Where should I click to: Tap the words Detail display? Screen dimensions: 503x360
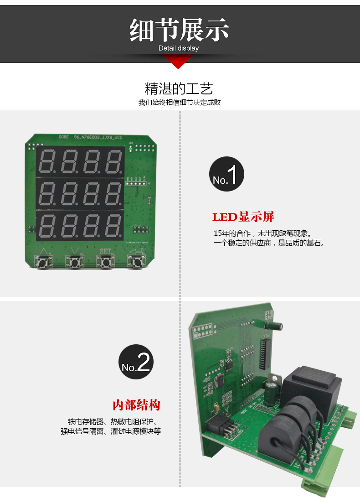[179, 48]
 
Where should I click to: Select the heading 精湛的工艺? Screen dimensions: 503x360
[179, 88]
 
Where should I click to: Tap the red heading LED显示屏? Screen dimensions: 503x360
[243, 217]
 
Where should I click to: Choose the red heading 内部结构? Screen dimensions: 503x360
[136, 405]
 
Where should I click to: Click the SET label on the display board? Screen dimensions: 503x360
[105, 251]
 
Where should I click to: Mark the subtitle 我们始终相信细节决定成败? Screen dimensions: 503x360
[180, 103]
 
